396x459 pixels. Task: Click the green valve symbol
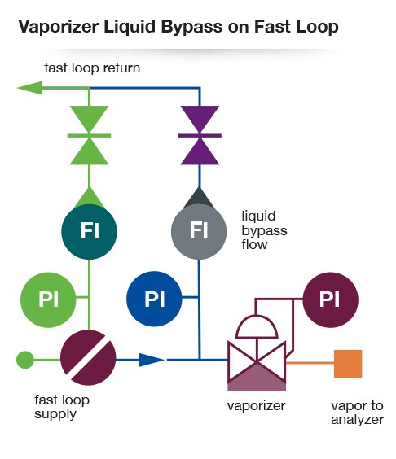point(90,135)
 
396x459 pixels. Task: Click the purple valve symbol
point(199,135)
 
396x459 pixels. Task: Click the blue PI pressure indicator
point(155,298)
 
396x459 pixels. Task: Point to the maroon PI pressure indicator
point(329,298)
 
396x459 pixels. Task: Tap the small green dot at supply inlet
point(25,358)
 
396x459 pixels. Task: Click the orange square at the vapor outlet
point(348,363)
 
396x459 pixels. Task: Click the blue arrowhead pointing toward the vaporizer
point(152,358)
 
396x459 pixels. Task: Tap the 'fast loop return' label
point(92,68)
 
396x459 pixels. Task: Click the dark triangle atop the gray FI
point(199,196)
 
